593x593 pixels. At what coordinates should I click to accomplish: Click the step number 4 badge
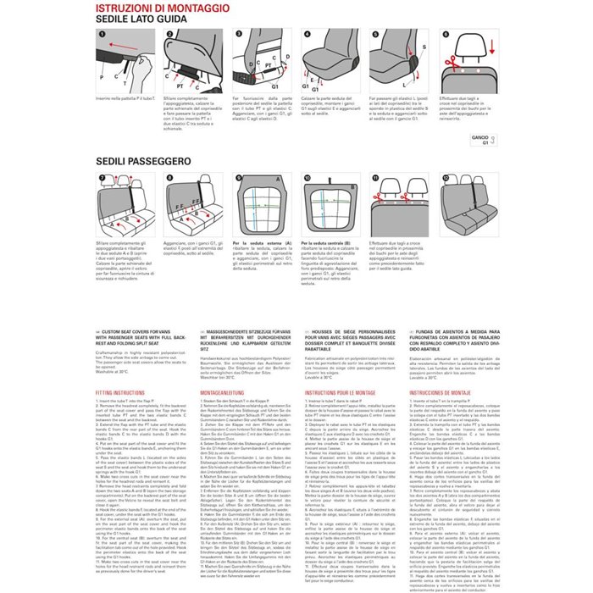(x=306, y=35)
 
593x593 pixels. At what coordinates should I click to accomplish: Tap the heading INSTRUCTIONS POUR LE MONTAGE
(x=340, y=393)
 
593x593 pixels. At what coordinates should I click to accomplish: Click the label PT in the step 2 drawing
(x=180, y=86)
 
